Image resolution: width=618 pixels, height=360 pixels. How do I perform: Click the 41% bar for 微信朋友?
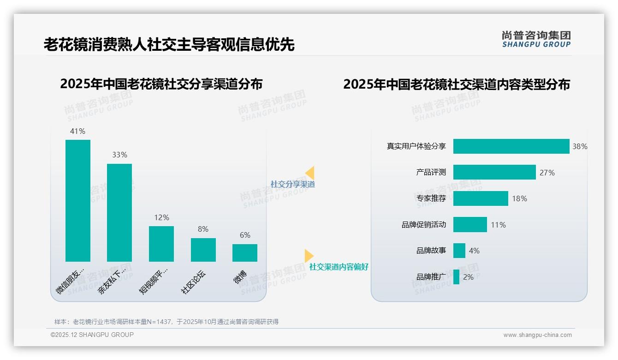(x=78, y=200)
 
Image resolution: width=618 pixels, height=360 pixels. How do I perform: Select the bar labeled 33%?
(x=119, y=212)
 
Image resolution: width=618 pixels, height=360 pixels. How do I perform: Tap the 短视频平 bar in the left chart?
(x=161, y=244)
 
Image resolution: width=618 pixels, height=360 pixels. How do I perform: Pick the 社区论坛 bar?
(x=203, y=250)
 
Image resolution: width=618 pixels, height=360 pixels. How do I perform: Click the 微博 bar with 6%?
(x=245, y=253)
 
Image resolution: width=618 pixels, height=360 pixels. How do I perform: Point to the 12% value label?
(x=161, y=218)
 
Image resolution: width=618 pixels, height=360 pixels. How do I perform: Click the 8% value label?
(x=203, y=229)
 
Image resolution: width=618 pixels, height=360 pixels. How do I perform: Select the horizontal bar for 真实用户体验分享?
(x=511, y=146)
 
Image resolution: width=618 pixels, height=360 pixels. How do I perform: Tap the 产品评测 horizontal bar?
(x=494, y=172)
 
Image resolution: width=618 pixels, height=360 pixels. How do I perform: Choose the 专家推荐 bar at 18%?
(x=481, y=198)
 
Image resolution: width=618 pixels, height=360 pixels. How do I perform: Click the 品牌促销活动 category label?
(x=424, y=225)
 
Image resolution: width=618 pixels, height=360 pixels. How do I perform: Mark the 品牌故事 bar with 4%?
(x=459, y=251)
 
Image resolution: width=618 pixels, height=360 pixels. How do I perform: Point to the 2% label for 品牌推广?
(x=468, y=277)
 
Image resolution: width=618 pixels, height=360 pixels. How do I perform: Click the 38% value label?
(x=580, y=146)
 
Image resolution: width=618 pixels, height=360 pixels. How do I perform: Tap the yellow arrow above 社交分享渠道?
(x=310, y=173)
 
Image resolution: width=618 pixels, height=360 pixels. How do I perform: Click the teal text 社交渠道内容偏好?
(x=339, y=267)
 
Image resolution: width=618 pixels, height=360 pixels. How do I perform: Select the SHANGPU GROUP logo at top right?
(x=536, y=39)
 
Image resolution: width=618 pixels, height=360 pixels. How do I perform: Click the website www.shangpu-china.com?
(x=537, y=335)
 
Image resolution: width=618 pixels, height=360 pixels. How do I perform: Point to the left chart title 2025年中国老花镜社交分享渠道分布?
(x=161, y=84)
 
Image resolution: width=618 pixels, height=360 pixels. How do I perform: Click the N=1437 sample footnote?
(x=166, y=322)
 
